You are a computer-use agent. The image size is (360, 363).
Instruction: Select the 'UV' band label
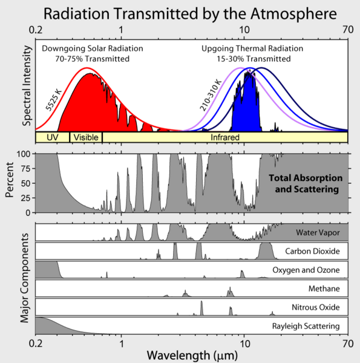[52, 137]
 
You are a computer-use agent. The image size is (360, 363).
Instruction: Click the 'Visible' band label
[85, 137]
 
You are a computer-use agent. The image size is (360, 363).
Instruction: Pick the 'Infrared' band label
[225, 137]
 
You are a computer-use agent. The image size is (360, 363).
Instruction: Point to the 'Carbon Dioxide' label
[312, 251]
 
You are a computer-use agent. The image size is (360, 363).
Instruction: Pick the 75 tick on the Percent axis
[27, 168]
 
